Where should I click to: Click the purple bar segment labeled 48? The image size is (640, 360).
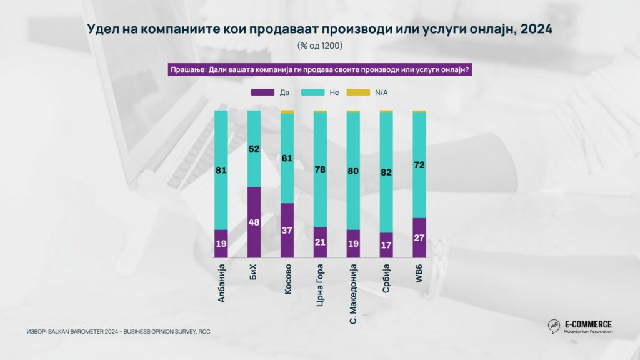pyautogui.click(x=254, y=222)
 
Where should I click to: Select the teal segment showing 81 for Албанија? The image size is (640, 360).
pyautogui.click(x=221, y=170)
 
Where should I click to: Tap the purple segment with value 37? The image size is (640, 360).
pyautogui.click(x=287, y=231)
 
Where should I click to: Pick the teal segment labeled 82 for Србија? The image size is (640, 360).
pyautogui.click(x=386, y=172)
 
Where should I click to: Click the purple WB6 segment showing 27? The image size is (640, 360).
pyautogui.click(x=419, y=237)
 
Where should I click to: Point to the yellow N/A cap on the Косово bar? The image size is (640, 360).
pyautogui.click(x=287, y=112)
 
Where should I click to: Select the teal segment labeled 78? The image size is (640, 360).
pyautogui.click(x=320, y=169)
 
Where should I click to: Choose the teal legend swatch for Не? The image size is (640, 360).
pyautogui.click(x=312, y=92)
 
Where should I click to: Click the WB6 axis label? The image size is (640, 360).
pyautogui.click(x=419, y=273)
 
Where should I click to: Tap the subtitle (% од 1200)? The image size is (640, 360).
pyautogui.click(x=319, y=47)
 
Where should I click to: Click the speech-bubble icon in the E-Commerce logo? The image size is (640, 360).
pyautogui.click(x=553, y=326)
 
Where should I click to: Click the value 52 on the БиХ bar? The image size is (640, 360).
pyautogui.click(x=254, y=149)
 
